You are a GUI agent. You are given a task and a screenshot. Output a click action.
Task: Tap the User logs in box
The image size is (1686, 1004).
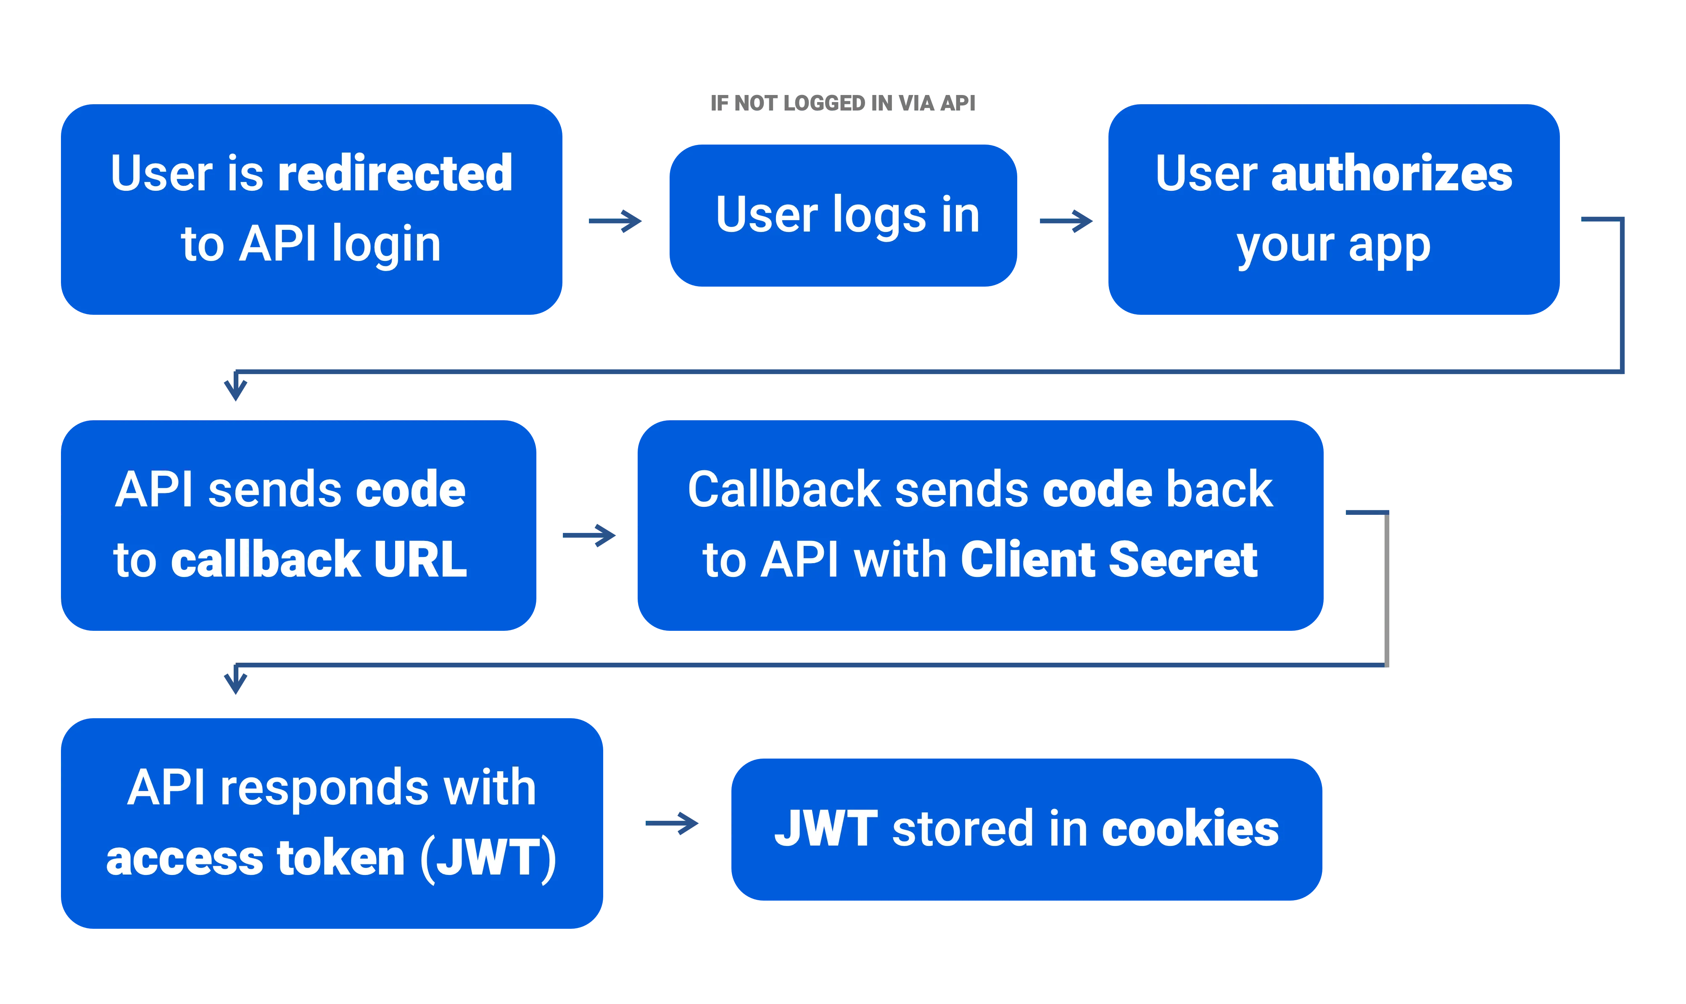click(847, 215)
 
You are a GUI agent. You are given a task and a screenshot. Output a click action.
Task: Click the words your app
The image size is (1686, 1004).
click(1333, 245)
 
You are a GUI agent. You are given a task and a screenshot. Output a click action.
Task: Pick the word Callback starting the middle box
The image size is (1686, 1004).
click(784, 490)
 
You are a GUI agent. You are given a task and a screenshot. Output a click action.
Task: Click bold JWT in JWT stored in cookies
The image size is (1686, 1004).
click(826, 829)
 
